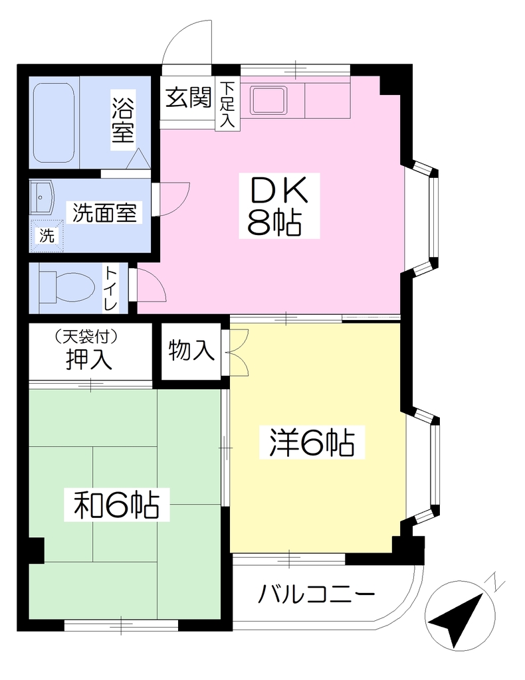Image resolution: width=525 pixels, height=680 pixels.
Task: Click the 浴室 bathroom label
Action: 122,120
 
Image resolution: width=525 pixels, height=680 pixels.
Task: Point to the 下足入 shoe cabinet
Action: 227,105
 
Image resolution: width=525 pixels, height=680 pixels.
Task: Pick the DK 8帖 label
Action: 279,206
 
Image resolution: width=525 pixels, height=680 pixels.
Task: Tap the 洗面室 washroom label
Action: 104,213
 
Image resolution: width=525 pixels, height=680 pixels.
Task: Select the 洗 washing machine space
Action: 47,236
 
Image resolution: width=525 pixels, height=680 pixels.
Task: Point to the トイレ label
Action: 110,288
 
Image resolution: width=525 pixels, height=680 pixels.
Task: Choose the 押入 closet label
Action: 88,359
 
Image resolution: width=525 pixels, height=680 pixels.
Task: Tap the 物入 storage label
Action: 191,350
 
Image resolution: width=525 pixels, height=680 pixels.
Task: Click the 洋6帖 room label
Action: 312,442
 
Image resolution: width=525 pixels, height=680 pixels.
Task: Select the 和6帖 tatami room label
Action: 117,505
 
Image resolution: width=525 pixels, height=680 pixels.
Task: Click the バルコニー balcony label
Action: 316,594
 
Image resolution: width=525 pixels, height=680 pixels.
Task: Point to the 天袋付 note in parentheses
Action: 87,335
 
